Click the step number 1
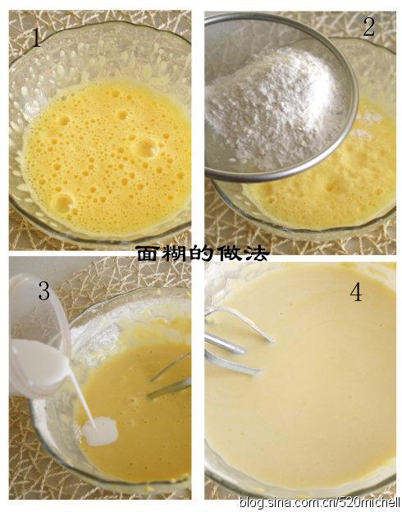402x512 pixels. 36,38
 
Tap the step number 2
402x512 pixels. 368,27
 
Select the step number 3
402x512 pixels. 44,290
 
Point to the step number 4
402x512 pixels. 356,291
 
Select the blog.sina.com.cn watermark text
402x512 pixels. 319,502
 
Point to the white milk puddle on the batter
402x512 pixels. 100,432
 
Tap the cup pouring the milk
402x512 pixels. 39,336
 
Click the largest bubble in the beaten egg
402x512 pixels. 147,148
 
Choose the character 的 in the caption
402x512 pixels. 202,254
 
